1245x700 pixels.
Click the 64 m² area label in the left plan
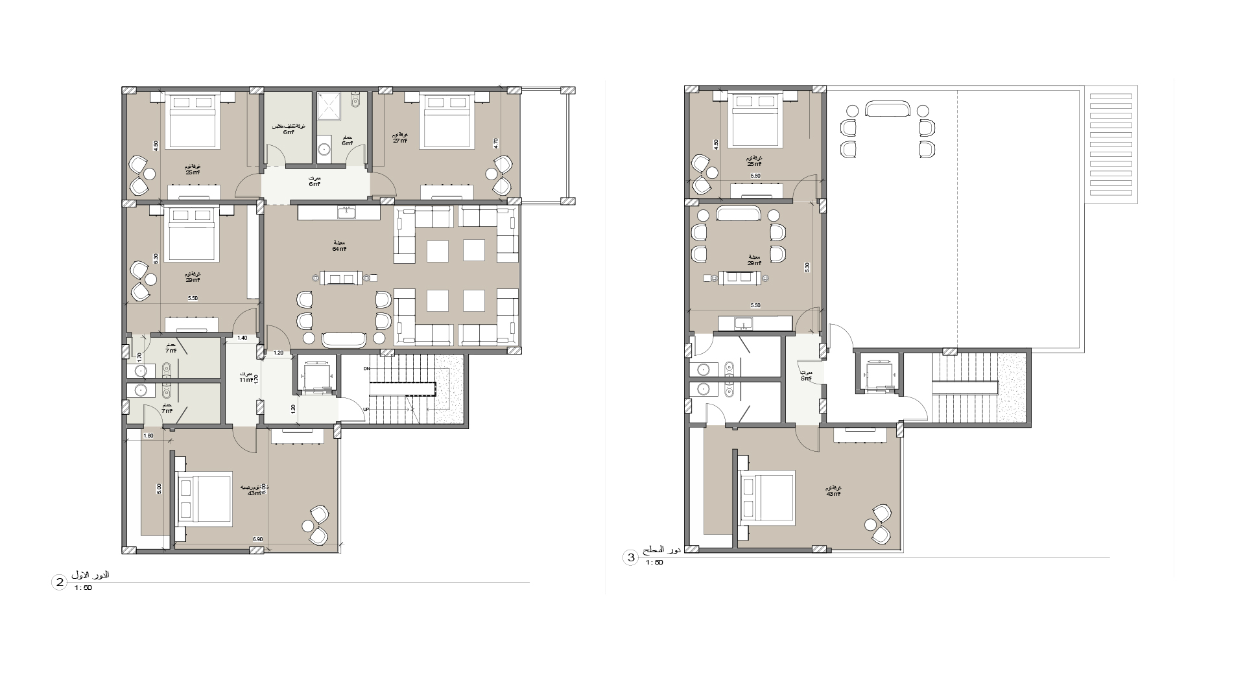pyautogui.click(x=339, y=249)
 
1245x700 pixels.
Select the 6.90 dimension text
pyautogui.click(x=257, y=539)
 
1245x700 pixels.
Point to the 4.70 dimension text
pyautogui.click(x=496, y=143)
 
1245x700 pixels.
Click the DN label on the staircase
pyautogui.click(x=366, y=369)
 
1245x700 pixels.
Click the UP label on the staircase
pyautogui.click(x=366, y=410)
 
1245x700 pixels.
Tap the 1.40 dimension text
pyautogui.click(x=242, y=338)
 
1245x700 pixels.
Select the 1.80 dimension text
pyautogui.click(x=148, y=436)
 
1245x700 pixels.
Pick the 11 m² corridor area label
pyautogui.click(x=246, y=379)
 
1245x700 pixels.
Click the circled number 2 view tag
pyautogui.click(x=59, y=583)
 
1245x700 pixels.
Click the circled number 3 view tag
pyautogui.click(x=630, y=557)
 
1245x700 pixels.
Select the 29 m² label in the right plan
pyautogui.click(x=754, y=262)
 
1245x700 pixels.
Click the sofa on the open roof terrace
pyautogui.click(x=887, y=109)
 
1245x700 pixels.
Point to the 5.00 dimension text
pyautogui.click(x=159, y=489)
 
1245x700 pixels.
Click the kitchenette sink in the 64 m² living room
pyautogui.click(x=346, y=212)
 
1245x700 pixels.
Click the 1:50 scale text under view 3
pyautogui.click(x=654, y=563)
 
